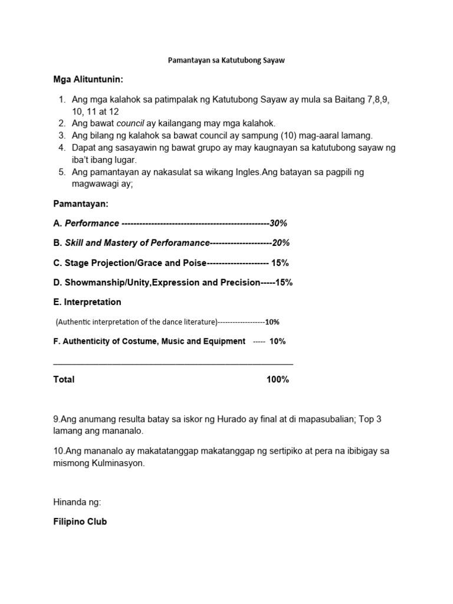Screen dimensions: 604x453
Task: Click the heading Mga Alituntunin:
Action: point(89,80)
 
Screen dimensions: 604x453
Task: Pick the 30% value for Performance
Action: point(278,224)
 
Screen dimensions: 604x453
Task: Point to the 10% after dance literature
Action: point(272,322)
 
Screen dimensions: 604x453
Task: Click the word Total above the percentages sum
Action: point(64,379)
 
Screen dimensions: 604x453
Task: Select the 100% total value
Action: point(277,379)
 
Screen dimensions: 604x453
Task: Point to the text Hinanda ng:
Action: point(77,502)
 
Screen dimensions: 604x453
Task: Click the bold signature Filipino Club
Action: point(80,521)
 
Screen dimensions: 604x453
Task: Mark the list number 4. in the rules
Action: point(61,147)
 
